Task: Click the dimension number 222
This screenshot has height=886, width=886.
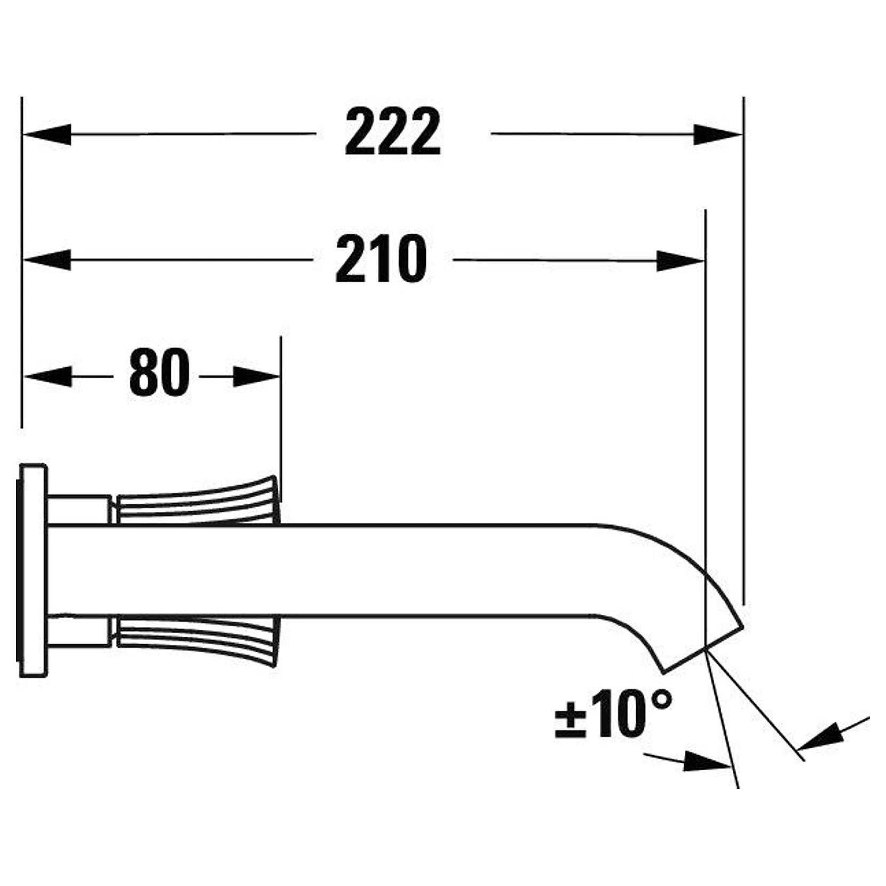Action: click(393, 132)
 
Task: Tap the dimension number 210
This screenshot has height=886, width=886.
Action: click(381, 258)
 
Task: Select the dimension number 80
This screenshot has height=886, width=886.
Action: click(160, 373)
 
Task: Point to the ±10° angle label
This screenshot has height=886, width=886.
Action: click(614, 714)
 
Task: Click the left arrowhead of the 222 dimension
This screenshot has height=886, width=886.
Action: click(47, 134)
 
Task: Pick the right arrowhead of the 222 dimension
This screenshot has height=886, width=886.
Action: click(718, 135)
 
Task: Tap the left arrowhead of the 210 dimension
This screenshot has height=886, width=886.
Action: click(47, 260)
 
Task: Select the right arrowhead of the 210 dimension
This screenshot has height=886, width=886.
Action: click(681, 261)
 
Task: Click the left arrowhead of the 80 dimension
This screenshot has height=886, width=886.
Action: click(48, 377)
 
